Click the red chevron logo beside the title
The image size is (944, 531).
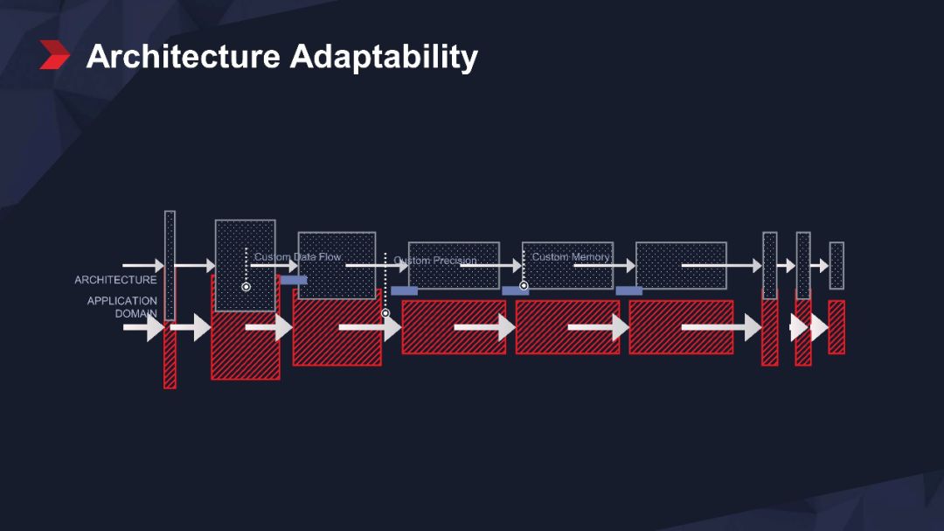coord(54,55)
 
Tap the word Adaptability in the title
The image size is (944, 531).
coord(384,58)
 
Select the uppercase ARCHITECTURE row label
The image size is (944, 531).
coord(115,280)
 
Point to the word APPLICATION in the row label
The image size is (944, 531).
coord(122,301)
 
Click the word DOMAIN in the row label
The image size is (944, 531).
coord(136,313)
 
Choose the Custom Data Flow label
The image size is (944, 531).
coord(297,257)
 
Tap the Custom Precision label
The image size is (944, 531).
coord(435,261)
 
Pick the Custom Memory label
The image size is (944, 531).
coord(571,257)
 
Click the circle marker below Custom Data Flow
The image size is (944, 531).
coord(246,287)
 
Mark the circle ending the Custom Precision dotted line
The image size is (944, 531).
coord(385,312)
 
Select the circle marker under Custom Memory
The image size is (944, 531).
coord(524,285)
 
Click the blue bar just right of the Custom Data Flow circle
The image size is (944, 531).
coord(294,281)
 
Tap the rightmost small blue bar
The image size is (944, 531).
coord(628,290)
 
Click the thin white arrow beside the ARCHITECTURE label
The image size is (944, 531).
coord(142,265)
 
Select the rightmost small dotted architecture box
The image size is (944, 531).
coord(836,265)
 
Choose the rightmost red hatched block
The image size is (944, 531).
coord(836,327)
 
